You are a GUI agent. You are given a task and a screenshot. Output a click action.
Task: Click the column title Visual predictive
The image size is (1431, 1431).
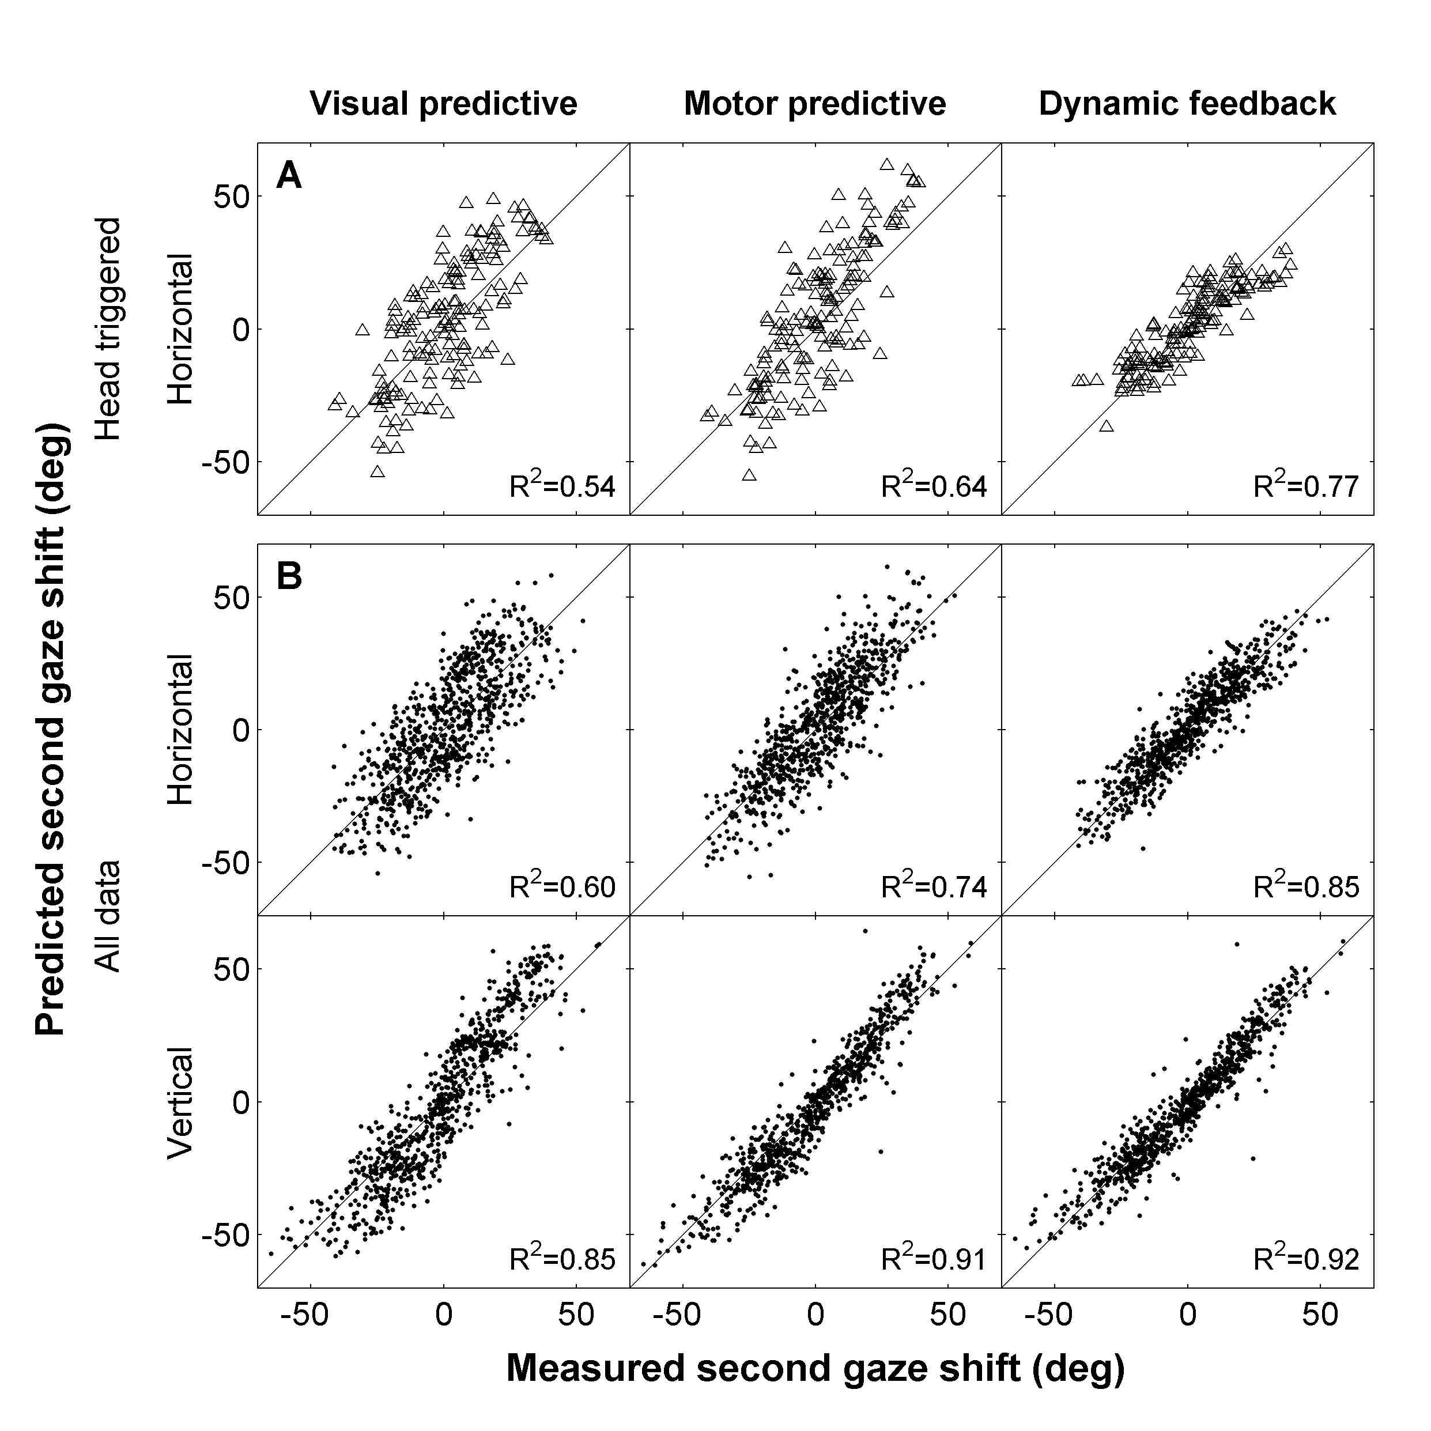(443, 104)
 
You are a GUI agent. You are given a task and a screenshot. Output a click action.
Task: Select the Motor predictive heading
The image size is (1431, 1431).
(815, 104)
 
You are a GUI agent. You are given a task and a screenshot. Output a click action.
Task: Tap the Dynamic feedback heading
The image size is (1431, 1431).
(1187, 104)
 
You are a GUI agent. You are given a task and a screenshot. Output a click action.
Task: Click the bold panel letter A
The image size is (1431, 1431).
(289, 176)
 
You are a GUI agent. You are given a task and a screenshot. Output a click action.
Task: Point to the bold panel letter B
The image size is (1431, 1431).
(289, 576)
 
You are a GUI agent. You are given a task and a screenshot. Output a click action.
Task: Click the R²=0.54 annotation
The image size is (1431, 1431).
(562, 486)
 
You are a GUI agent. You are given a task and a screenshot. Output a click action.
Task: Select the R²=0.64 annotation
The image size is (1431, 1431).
(934, 486)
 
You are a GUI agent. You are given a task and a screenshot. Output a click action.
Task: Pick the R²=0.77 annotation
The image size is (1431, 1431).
(1306, 486)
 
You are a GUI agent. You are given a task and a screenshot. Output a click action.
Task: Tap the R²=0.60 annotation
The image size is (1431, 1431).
(562, 886)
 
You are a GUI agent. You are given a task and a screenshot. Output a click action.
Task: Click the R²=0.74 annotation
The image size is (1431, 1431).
(934, 886)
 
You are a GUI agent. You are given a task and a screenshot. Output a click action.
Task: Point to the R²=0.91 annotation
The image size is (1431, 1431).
(934, 1259)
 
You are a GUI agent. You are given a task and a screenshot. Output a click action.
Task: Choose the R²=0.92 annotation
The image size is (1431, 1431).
(1306, 1259)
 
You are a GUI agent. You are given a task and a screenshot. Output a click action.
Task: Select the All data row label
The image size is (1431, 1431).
(108, 916)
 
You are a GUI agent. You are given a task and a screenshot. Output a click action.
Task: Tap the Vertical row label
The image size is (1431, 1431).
(180, 1102)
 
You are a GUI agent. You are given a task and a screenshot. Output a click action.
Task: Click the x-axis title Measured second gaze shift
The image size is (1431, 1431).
(815, 1368)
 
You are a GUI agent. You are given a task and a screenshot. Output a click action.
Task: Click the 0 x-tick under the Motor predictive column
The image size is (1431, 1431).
(815, 1314)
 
